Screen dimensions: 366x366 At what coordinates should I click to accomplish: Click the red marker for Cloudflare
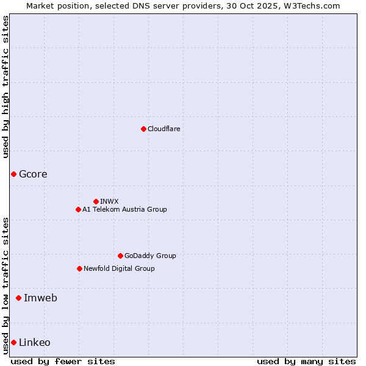(143, 129)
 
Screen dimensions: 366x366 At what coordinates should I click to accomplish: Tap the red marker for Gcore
(13, 174)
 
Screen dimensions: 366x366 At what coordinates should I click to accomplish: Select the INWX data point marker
(96, 201)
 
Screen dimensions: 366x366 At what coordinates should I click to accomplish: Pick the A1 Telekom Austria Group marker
(78, 209)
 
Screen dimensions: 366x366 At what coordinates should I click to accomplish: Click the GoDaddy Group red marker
(120, 256)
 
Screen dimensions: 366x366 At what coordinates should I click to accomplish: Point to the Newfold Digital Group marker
(79, 268)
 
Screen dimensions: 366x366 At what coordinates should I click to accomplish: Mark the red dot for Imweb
(18, 298)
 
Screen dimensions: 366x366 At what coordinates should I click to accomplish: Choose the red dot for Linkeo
(13, 342)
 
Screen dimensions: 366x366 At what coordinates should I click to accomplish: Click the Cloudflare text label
(163, 129)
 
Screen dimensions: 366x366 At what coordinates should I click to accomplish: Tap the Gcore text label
(33, 174)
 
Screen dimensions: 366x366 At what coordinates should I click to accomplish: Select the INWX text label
(109, 201)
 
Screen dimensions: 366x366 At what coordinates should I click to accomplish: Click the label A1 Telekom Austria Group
(124, 209)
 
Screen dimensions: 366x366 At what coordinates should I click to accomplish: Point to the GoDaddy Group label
(150, 256)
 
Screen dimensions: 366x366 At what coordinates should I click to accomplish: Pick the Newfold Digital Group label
(119, 268)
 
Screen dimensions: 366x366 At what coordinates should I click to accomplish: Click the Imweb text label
(40, 298)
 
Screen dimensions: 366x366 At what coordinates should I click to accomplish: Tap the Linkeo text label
(35, 342)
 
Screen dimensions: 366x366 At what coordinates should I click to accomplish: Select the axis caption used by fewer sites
(63, 361)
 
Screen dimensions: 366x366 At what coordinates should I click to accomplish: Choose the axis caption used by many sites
(306, 361)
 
